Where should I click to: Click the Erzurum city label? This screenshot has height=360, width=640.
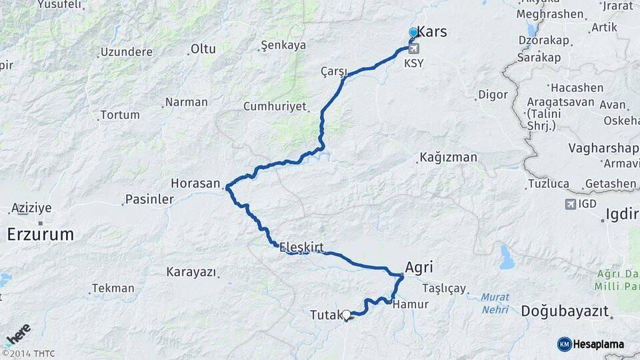point(40,234)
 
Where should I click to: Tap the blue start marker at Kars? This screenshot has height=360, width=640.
point(413,32)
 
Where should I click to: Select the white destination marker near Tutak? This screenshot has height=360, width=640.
point(346,314)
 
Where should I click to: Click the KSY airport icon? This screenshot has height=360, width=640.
point(414,49)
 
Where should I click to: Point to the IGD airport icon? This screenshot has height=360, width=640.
point(570,204)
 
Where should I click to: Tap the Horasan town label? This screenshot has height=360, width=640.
point(195,183)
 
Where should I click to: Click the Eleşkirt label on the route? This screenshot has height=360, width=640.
point(301,247)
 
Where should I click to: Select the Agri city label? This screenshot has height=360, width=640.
point(419,267)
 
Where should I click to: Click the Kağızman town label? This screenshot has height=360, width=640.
point(449,158)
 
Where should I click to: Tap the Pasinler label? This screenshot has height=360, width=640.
point(149,200)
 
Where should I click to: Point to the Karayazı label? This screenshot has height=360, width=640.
point(191,272)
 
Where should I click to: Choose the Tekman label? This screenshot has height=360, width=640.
point(113,289)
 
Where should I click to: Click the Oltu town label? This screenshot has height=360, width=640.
point(203,49)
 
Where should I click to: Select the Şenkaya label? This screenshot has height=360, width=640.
point(283,45)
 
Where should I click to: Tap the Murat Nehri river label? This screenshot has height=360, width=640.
point(494,303)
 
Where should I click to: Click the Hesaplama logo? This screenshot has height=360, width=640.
point(591,344)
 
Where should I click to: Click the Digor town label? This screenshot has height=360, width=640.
point(493,95)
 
